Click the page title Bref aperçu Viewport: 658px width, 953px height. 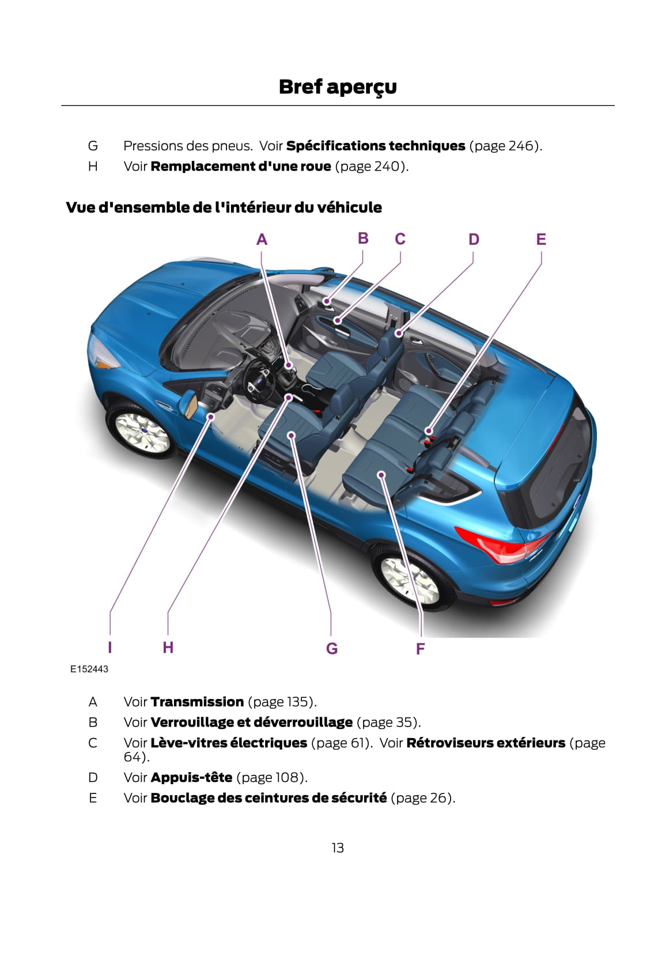[337, 87]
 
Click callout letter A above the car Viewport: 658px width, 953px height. [262, 240]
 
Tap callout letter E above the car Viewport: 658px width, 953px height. [540, 239]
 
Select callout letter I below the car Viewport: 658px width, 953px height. [110, 647]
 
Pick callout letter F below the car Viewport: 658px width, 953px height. [420, 649]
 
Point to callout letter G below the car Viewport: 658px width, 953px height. [331, 648]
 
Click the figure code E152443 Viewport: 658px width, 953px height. [89, 669]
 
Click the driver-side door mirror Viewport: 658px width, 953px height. [188, 403]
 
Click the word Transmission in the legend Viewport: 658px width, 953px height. [197, 702]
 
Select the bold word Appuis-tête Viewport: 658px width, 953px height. [191, 777]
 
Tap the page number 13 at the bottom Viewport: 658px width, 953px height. [338, 848]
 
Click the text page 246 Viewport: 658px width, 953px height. [505, 146]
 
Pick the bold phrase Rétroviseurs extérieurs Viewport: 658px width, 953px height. [485, 743]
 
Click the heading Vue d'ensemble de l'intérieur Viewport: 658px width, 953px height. [224, 207]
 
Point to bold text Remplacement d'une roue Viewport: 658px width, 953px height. [241, 167]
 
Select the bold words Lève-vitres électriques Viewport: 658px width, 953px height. [229, 743]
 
